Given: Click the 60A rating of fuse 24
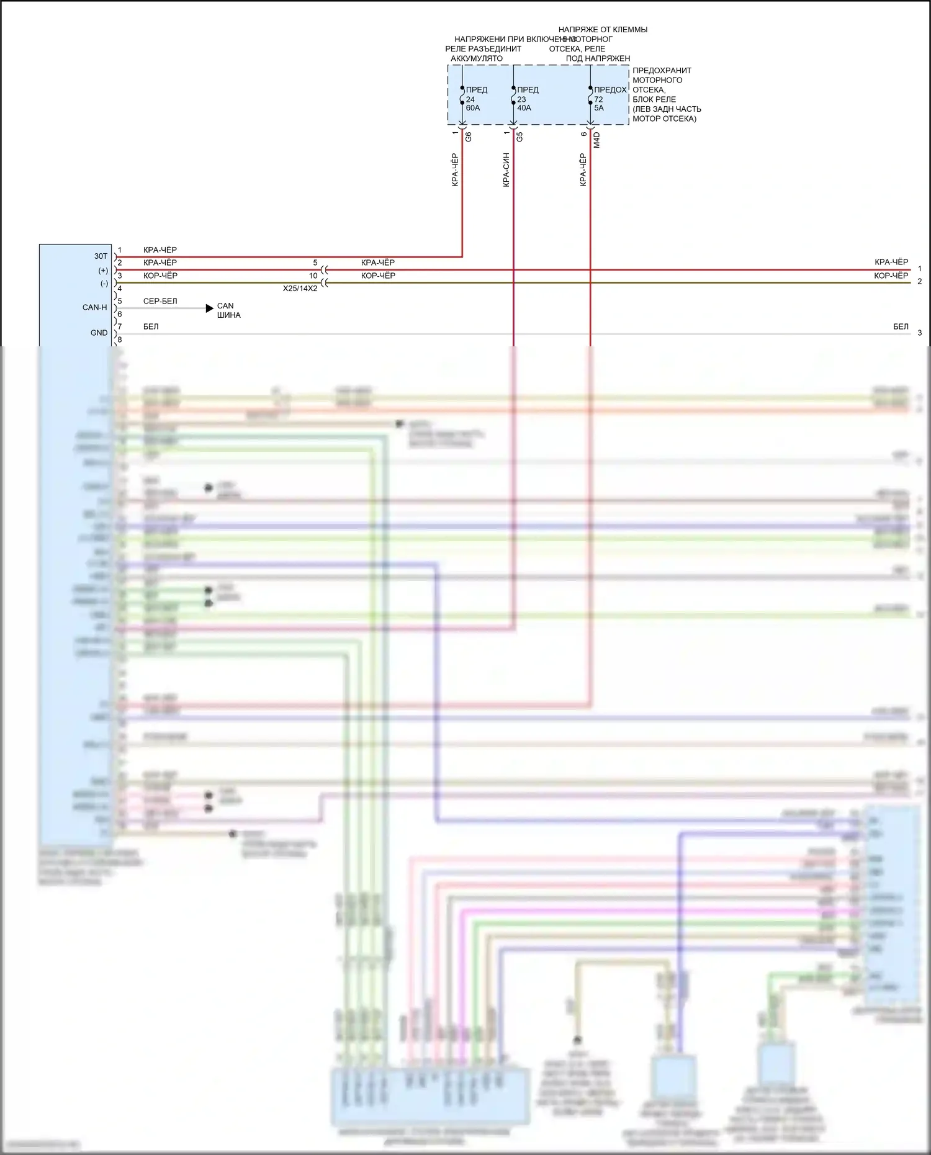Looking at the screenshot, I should click(x=473, y=108).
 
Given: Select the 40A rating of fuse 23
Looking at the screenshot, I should click(x=524, y=108).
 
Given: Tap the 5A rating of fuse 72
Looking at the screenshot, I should click(x=599, y=108).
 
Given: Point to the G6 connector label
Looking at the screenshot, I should click(x=469, y=137).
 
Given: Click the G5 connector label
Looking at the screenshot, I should click(x=519, y=137).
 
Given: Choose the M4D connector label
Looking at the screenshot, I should click(x=596, y=139).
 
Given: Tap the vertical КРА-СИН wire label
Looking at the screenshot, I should click(x=506, y=169).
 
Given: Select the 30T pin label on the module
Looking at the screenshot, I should click(x=101, y=256).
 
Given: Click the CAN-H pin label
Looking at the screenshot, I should click(x=95, y=307).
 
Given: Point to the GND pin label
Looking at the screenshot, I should click(x=99, y=333).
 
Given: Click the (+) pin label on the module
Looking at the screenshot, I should click(x=103, y=271).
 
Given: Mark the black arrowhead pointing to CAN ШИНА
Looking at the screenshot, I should click(x=210, y=308).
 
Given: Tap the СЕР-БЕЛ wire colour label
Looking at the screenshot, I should click(x=160, y=301).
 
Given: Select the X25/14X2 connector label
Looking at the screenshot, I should click(x=300, y=289).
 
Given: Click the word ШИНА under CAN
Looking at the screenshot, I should click(x=228, y=315).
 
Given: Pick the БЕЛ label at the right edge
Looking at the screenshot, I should click(x=901, y=326).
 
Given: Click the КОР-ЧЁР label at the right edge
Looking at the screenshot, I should click(x=891, y=276).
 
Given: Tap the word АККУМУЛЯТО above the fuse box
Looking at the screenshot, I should click(x=477, y=58).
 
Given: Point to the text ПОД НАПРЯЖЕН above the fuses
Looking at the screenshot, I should click(x=598, y=58).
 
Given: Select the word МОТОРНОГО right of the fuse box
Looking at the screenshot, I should click(x=657, y=80).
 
